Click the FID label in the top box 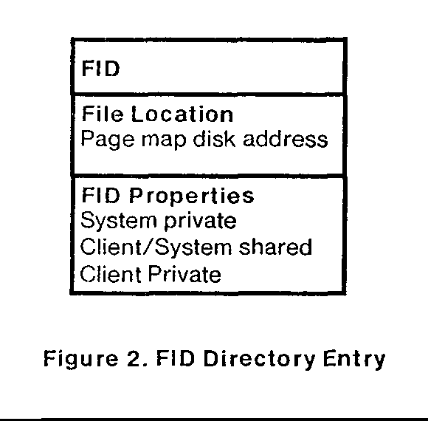click(100, 68)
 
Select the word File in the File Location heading click(103, 114)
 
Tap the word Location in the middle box click(182, 114)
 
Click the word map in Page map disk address click(164, 141)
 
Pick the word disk click(214, 139)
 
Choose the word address click(286, 139)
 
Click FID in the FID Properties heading click(100, 195)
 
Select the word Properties click(192, 196)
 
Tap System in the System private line click(119, 221)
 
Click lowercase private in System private click(201, 222)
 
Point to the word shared click(275, 247)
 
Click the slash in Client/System click(148, 247)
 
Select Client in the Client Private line click(111, 273)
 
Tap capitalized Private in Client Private click(184, 273)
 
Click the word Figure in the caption click(80, 360)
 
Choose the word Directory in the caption click(259, 360)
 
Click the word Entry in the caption click(354, 360)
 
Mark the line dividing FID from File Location click(209, 95)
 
